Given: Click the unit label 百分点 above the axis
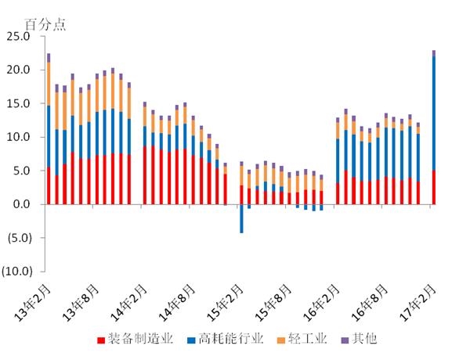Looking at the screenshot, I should click(x=47, y=23).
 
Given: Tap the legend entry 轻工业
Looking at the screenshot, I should click(x=302, y=339).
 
